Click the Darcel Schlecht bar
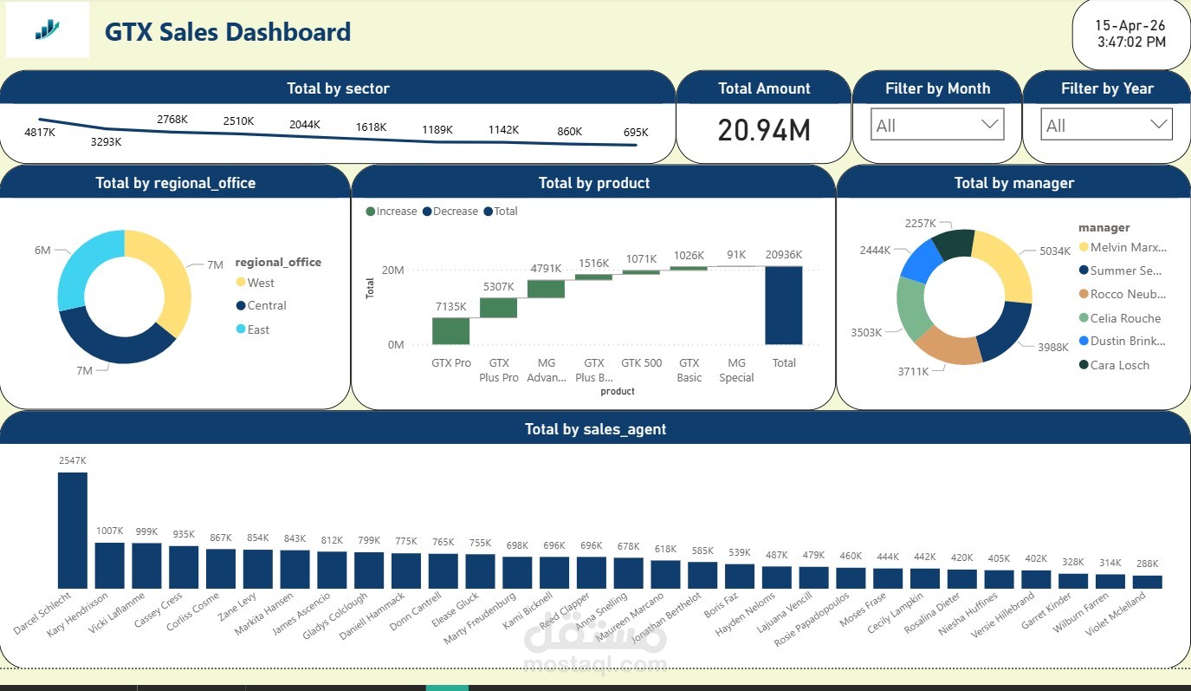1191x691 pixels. coord(73,530)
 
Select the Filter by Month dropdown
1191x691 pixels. coord(936,125)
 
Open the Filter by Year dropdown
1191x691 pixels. coord(1105,125)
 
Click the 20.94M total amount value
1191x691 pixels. coord(763,130)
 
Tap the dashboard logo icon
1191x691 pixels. coord(48,30)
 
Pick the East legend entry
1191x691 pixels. coord(257,329)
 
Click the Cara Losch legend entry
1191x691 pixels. coord(1119,365)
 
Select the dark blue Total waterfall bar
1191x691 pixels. coord(783,305)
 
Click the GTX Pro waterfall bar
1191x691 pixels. coord(450,330)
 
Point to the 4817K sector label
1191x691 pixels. coord(40,133)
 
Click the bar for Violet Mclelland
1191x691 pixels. coord(1147,582)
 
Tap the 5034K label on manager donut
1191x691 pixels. coord(1056,251)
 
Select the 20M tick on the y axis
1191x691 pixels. coord(392,271)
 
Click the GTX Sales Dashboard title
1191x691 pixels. coord(228,32)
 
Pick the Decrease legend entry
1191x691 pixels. coord(455,212)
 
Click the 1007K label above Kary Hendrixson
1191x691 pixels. coord(110,531)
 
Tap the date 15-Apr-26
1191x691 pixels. coord(1130,25)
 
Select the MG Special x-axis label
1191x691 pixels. coord(736,370)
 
